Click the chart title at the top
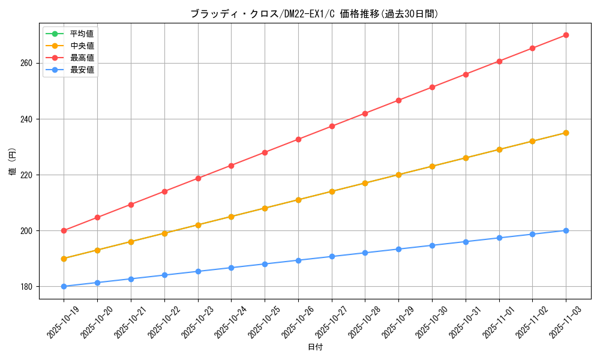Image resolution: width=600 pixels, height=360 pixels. (314, 14)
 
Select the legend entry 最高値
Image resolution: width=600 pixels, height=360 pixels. (82, 58)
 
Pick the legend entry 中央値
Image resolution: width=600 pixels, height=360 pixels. (82, 46)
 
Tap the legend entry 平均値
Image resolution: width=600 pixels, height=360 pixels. (82, 34)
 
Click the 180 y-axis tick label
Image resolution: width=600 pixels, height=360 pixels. (28, 287)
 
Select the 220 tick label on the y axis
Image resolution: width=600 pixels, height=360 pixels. (28, 175)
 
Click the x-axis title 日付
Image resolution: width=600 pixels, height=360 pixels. (315, 347)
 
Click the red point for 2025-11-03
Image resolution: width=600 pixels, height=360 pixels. (566, 35)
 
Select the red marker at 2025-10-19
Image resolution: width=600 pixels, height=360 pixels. (64, 230)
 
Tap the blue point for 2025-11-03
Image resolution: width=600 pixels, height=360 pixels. (566, 230)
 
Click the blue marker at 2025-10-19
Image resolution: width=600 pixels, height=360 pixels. (64, 286)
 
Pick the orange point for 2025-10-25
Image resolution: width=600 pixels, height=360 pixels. (265, 208)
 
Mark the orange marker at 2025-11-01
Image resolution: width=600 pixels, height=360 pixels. (499, 149)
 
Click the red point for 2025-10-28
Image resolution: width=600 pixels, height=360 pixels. (365, 113)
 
